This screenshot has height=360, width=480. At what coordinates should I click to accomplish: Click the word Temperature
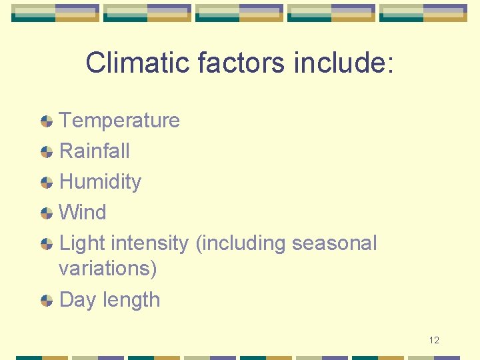coord(119,120)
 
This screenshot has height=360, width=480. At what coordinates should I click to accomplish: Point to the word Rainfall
coord(95,151)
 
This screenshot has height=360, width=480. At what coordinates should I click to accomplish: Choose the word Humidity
coord(100,181)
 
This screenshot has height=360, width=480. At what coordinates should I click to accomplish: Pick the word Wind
coord(83,212)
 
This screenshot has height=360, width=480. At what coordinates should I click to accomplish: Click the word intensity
coord(151,243)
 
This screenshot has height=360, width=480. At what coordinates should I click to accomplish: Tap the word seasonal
coord(334,243)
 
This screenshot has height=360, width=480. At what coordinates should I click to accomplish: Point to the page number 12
coord(434,341)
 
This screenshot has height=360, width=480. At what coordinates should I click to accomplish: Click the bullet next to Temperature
coord(47,121)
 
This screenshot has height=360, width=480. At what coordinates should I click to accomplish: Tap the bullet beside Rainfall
coord(47,151)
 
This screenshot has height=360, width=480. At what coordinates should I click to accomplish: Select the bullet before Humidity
coord(47,182)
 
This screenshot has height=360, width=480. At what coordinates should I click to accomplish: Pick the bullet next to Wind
coord(47,213)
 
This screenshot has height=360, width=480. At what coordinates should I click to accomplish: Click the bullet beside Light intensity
coord(47,243)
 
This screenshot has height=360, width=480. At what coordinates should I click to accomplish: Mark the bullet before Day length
coord(47,300)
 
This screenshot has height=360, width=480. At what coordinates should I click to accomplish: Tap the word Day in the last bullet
coord(78,300)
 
